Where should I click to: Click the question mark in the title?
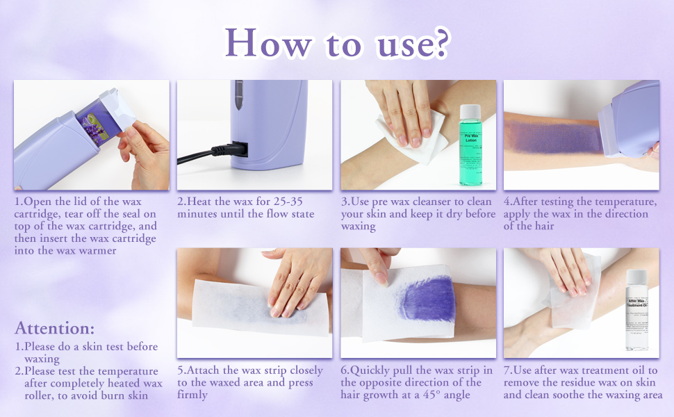click(437, 43)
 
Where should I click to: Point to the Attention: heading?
click(54, 328)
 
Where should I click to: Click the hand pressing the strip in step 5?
click(295, 281)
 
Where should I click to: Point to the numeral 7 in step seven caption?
click(507, 370)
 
